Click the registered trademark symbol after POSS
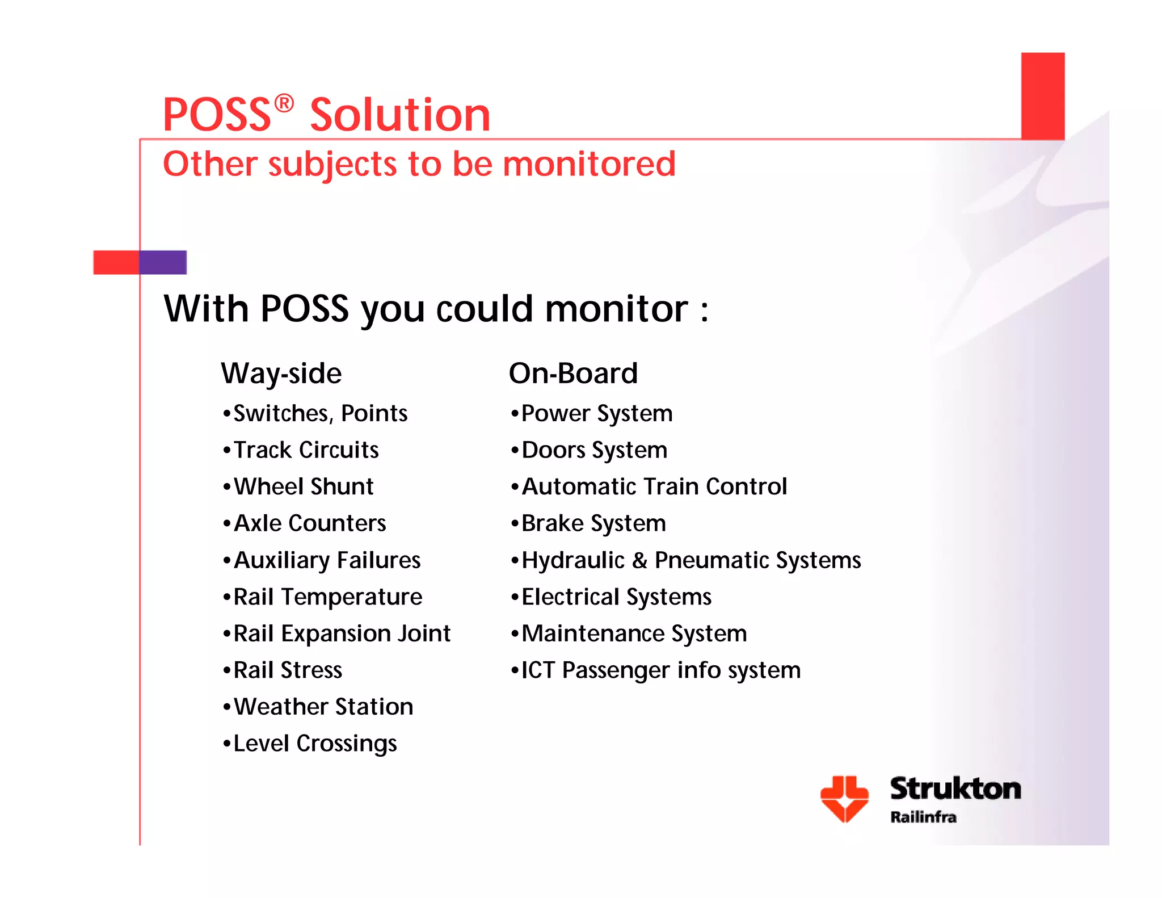(284, 104)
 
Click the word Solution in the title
(400, 115)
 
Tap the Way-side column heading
(281, 374)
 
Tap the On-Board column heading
(573, 374)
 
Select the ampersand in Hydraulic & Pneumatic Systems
(639, 561)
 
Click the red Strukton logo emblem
(844, 798)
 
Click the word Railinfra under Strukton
(923, 817)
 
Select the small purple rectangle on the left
(163, 262)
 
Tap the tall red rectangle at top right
(1043, 95)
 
